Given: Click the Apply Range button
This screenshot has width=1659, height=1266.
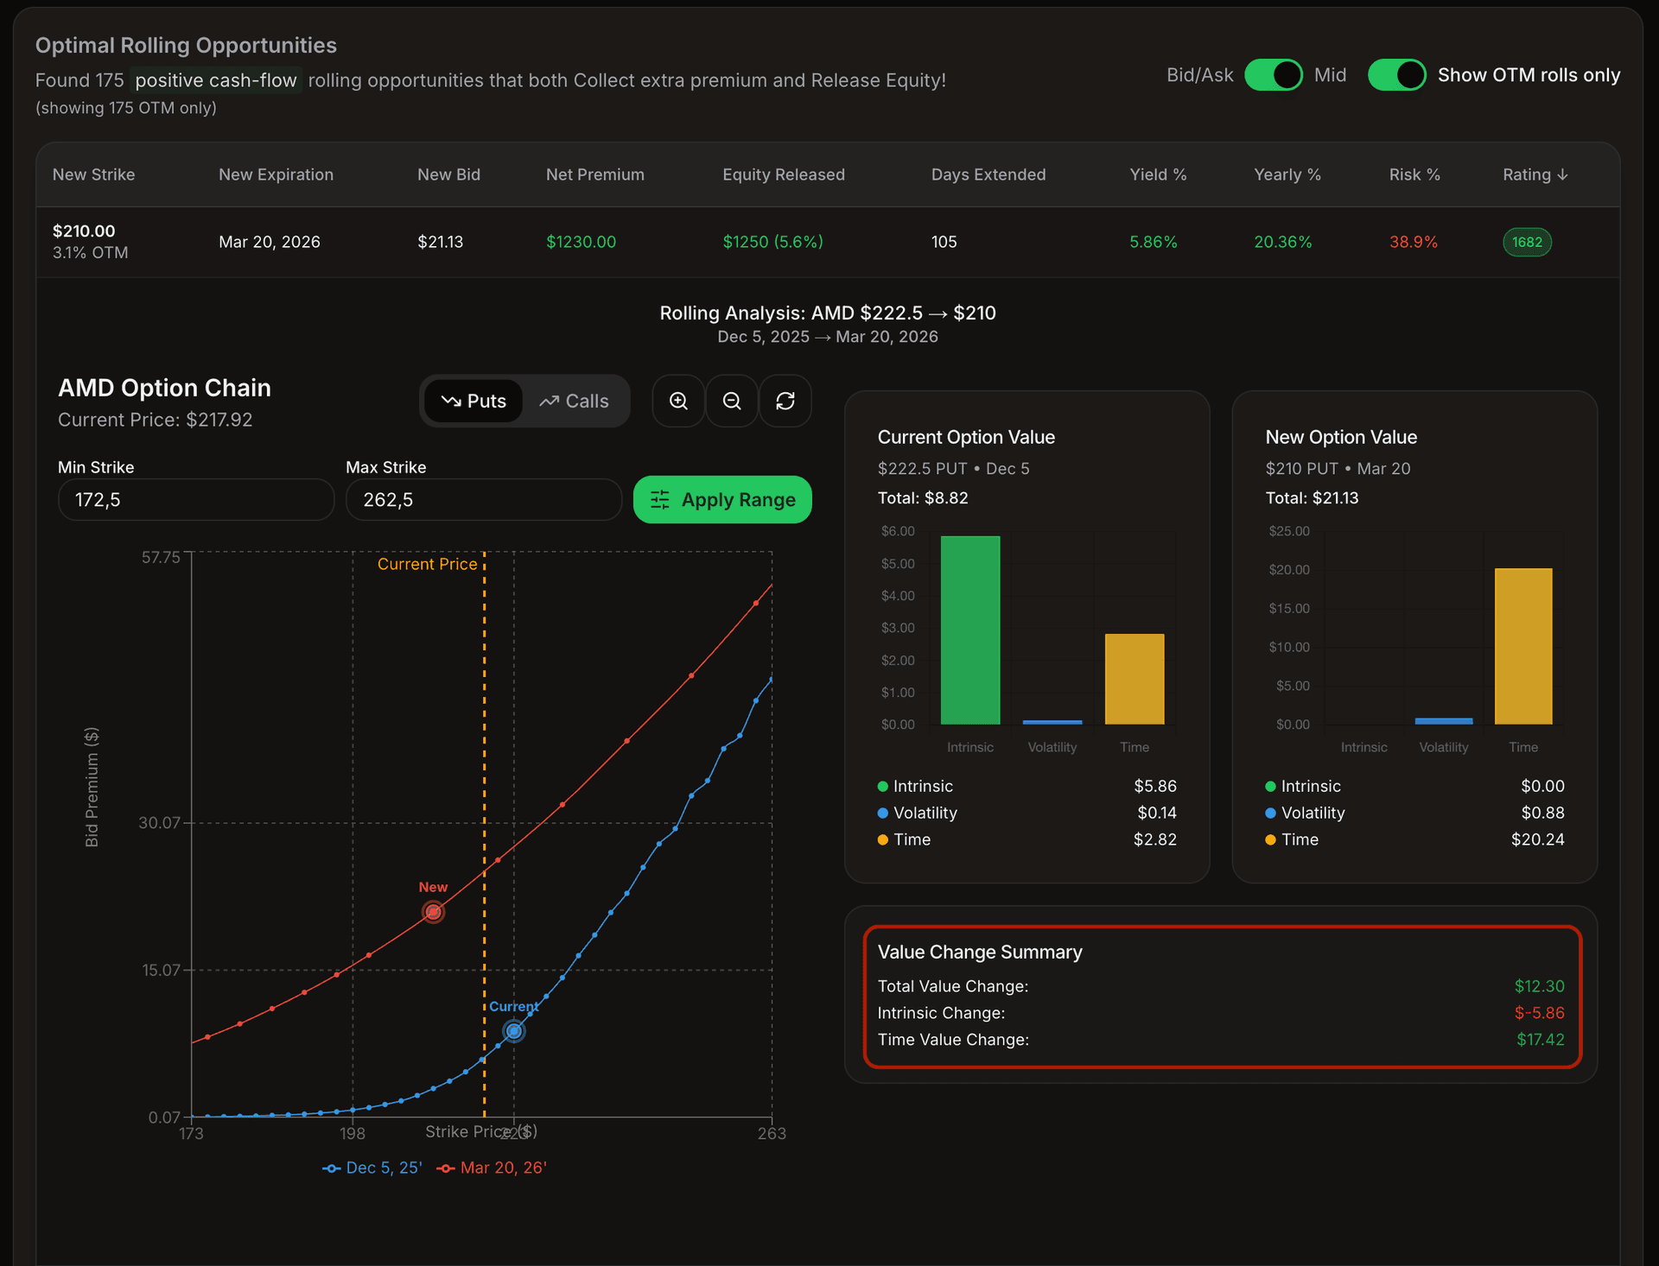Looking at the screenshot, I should [x=722, y=500].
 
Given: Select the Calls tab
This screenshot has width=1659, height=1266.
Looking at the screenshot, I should [x=575, y=402].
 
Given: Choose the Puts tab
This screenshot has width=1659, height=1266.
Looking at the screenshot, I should [x=474, y=402].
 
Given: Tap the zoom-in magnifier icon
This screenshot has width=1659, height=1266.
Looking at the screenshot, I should [x=679, y=402].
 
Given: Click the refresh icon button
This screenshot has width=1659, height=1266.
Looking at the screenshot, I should [x=785, y=402].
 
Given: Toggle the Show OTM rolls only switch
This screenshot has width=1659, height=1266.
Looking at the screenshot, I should [x=1396, y=75].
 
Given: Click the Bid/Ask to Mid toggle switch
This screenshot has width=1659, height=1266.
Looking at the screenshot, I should [x=1273, y=75].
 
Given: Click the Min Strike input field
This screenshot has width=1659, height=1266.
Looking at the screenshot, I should [x=196, y=500].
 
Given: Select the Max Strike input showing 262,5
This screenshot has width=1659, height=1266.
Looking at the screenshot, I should [x=484, y=500].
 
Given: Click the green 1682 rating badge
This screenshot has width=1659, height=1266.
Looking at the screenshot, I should [x=1527, y=242].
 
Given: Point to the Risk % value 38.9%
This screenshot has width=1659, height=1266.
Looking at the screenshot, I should [x=1414, y=242].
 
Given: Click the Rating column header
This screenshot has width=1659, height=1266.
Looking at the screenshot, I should [x=1535, y=174].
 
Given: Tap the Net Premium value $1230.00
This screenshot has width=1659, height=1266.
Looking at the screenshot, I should [x=581, y=242].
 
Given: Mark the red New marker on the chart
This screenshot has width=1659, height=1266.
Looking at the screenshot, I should [x=433, y=912].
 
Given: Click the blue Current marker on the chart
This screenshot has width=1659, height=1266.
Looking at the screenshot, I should [x=514, y=1031].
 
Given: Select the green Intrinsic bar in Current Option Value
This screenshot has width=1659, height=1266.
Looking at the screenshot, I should [x=970, y=630].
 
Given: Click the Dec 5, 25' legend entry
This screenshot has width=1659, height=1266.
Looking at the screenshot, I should [x=372, y=1168].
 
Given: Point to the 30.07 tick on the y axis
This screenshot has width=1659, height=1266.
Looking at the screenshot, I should [x=160, y=823].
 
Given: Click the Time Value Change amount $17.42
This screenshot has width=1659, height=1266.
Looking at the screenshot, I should [x=1540, y=1040].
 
